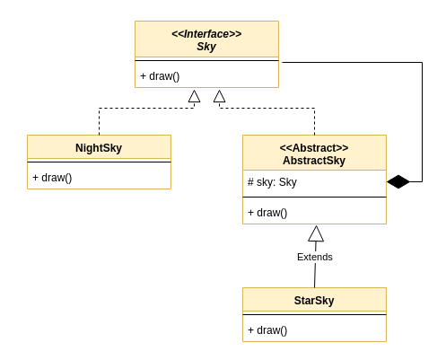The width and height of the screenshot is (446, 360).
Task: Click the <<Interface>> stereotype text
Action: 206,34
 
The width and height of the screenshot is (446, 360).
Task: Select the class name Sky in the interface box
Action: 206,47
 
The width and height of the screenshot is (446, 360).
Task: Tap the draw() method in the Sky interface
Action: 160,76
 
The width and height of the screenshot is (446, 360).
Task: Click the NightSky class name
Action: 99,148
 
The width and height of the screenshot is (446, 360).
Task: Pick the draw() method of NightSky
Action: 52,178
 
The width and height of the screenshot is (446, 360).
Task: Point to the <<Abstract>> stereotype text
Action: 314,148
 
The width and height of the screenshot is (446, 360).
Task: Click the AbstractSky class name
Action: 314,161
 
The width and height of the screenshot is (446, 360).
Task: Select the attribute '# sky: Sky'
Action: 272,182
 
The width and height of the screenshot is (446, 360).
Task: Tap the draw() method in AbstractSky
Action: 267,213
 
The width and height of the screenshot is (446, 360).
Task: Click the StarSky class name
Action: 314,301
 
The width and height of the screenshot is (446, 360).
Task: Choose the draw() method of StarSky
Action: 267,330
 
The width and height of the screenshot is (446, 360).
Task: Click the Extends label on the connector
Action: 315,257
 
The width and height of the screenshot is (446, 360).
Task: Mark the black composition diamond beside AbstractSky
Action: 398,181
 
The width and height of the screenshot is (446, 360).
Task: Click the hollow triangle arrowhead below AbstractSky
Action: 316,233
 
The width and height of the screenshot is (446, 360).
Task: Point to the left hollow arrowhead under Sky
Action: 194,96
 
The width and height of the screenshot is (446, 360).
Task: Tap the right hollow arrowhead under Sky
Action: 219,96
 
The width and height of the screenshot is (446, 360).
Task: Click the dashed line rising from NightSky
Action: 99,121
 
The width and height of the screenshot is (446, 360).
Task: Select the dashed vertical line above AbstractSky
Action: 314,121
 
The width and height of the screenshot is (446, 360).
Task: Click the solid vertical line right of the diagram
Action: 422,121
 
